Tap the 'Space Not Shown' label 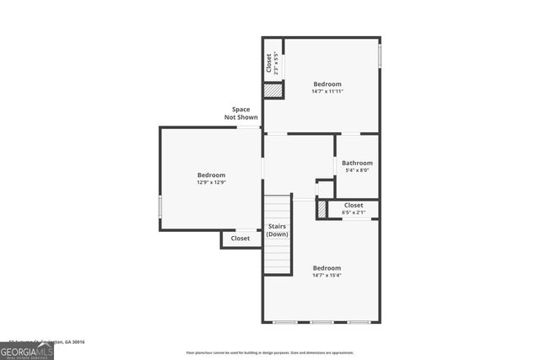[240, 113]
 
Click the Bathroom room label [357, 163]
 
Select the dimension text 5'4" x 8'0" [357, 170]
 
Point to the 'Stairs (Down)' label [278, 230]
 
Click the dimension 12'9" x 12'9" [212, 182]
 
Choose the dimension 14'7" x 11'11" [327, 91]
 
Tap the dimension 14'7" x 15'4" [327, 275]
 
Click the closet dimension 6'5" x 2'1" [354, 212]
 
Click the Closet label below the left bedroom [240, 239]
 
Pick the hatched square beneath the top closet [273, 90]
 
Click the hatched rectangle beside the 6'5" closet [321, 209]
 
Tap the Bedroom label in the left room [212, 175]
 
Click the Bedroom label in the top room [327, 83]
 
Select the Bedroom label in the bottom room [327, 267]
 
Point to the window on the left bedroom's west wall [160, 207]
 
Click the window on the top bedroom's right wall [380, 55]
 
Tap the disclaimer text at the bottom [270, 352]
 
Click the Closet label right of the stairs [354, 205]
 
